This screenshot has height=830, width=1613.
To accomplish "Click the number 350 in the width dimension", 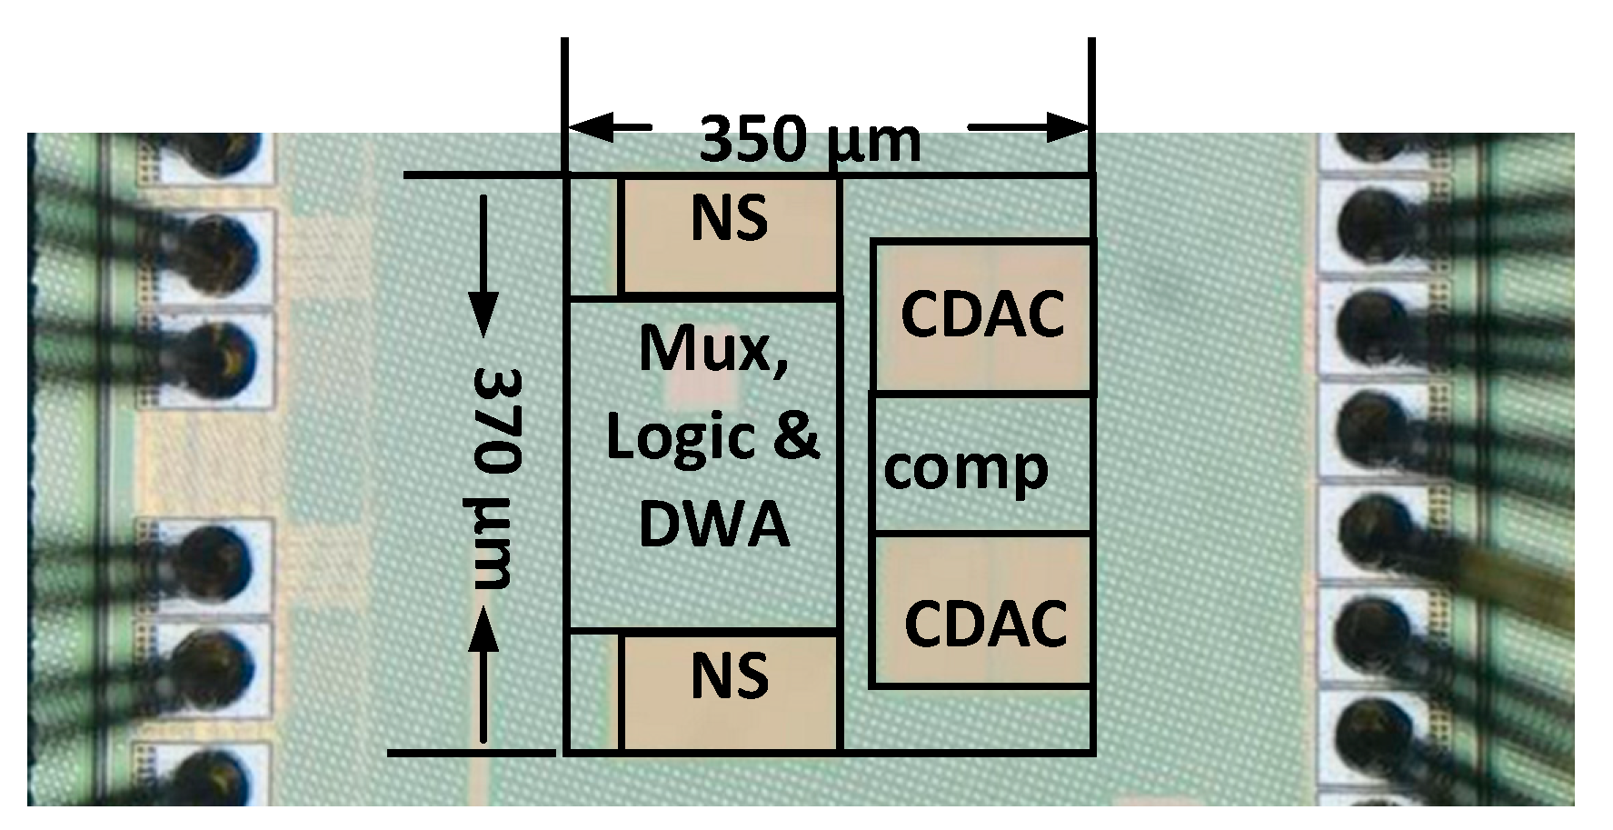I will (753, 140).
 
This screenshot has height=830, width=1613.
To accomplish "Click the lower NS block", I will (728, 692).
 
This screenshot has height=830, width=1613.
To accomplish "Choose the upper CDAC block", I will (981, 315).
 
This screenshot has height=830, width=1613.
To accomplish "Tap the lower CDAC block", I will (981, 610).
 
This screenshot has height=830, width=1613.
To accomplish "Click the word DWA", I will (714, 525).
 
